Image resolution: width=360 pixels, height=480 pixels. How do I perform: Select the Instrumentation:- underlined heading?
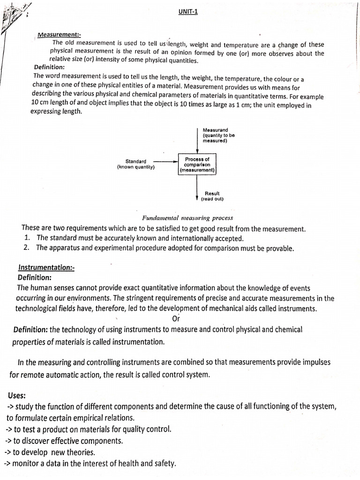pyautogui.click(x=46, y=267)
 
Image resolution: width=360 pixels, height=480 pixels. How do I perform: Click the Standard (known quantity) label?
pyautogui.click(x=135, y=164)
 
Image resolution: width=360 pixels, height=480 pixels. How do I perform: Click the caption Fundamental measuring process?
pyautogui.click(x=187, y=218)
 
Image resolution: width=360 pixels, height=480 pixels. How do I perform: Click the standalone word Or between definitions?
pyautogui.click(x=176, y=318)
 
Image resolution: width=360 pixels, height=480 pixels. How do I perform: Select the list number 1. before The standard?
pyautogui.click(x=28, y=238)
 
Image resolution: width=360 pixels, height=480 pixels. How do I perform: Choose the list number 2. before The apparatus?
pyautogui.click(x=28, y=248)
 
